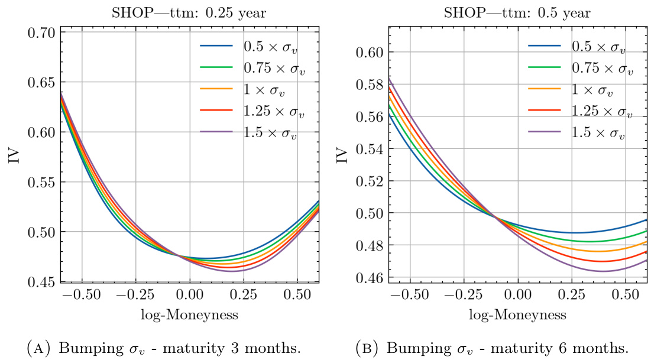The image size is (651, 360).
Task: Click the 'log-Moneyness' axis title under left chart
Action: [x=190, y=314]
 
